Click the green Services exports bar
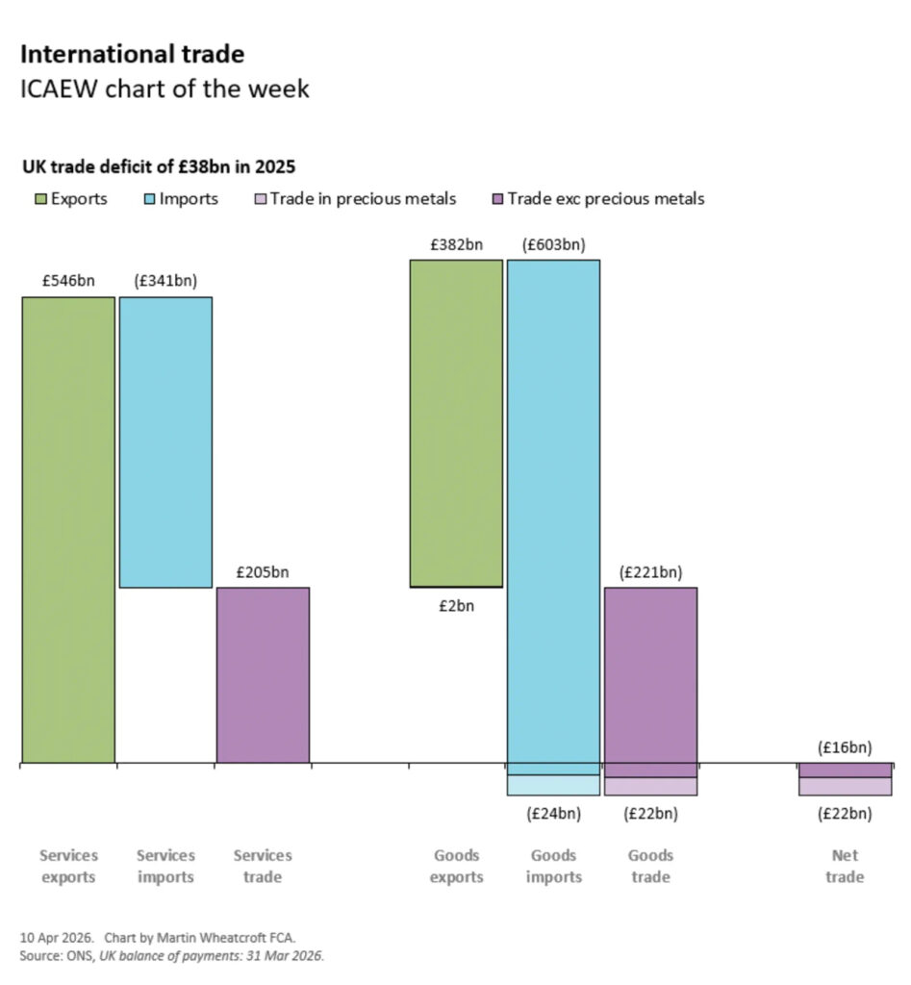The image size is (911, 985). point(68,529)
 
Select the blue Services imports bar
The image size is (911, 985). point(165,442)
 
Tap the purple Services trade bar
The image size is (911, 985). point(263,674)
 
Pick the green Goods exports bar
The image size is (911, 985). point(456,422)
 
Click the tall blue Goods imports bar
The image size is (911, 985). point(553,510)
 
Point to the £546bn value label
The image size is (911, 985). point(67,282)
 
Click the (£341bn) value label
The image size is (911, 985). point(165,282)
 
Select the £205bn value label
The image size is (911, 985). point(263,572)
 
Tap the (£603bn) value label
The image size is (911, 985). point(553,244)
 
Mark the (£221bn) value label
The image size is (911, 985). point(650,572)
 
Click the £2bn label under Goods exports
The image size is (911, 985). point(456,606)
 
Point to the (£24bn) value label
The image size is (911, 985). point(553,814)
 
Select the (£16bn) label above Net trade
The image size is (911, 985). point(845,747)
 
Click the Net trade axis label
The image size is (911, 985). point(845,866)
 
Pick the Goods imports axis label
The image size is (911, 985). point(553,866)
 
